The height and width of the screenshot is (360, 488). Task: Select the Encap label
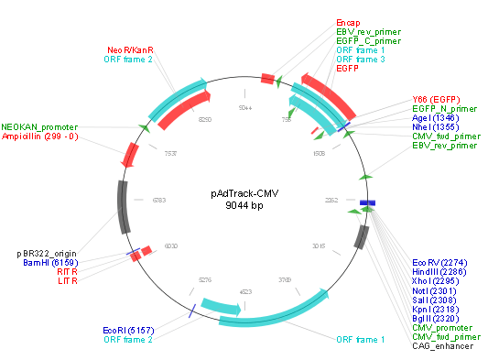pos(348,21)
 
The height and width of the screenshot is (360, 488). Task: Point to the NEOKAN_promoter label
pos(39,126)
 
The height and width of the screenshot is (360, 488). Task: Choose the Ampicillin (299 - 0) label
pos(39,136)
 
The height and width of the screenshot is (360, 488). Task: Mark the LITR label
pos(68,281)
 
